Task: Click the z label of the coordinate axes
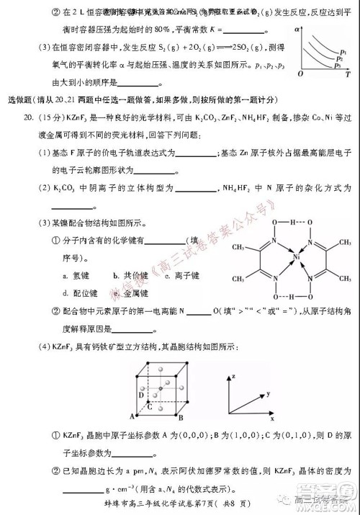click(233, 377)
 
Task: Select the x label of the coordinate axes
click(273, 418)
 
